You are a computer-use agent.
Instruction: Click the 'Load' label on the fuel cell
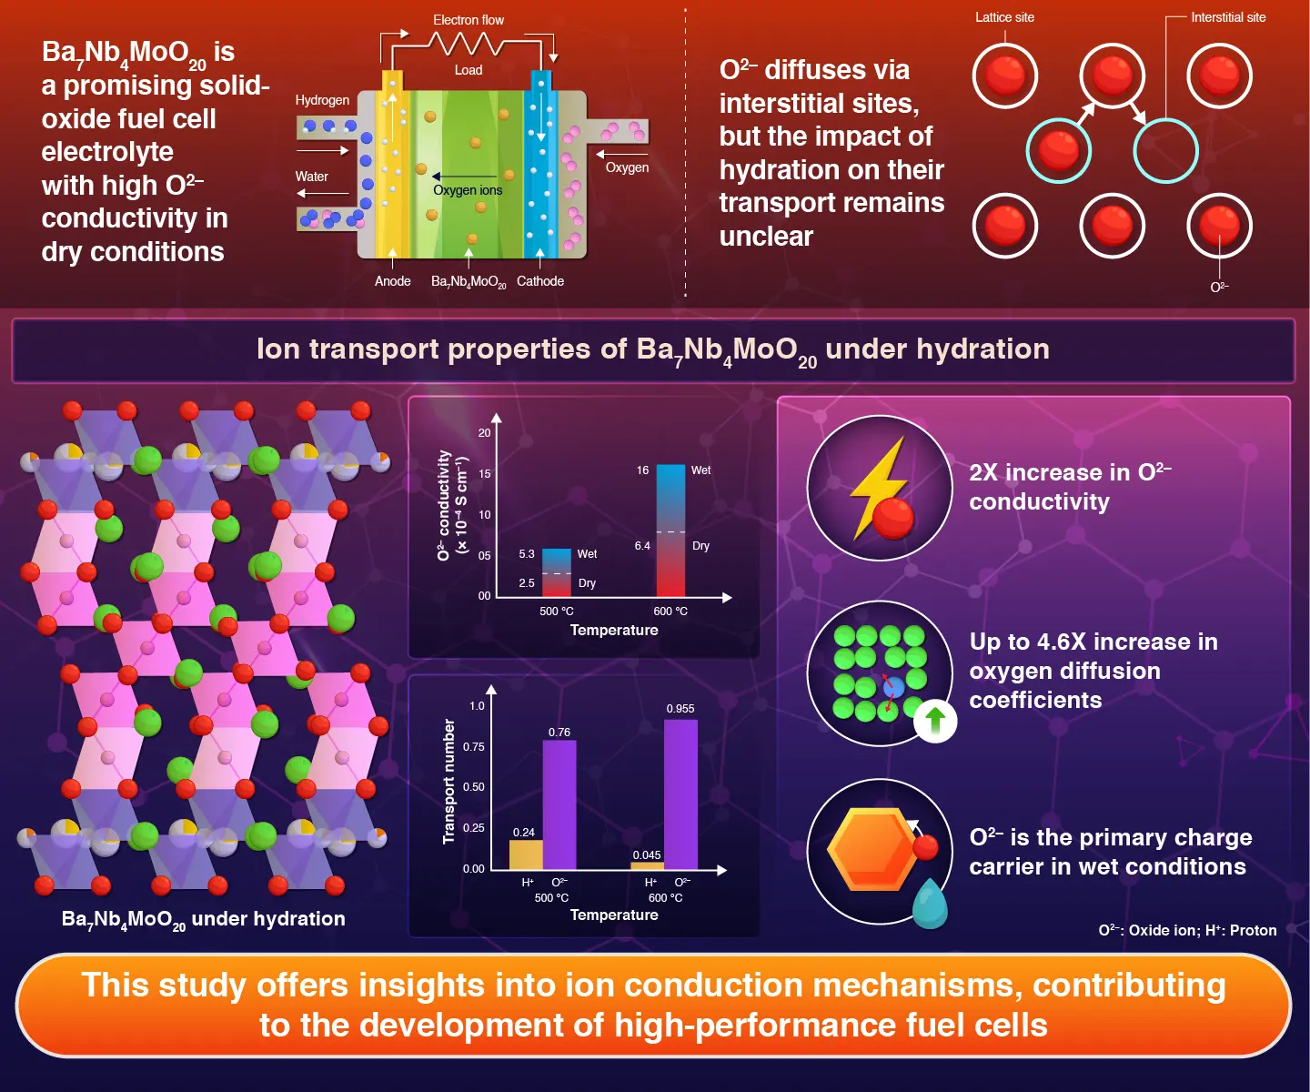pos(469,70)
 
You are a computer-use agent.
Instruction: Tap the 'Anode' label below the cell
pos(393,281)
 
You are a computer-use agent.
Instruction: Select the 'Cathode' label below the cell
pos(540,281)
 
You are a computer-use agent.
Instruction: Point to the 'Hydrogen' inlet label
pos(322,100)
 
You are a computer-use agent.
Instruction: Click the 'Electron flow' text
pos(469,20)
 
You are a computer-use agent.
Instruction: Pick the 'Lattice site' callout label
pos(1004,17)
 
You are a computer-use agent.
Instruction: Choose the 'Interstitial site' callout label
pos(1228,17)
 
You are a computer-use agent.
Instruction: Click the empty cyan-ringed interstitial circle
pos(1165,151)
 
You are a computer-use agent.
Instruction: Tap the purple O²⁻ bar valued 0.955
pos(680,794)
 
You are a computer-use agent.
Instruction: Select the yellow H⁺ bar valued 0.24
pos(526,854)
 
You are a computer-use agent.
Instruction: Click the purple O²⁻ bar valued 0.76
pos(559,804)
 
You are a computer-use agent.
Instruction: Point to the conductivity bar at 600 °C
pos(670,531)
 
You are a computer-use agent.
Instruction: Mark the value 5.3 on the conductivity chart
pos(527,554)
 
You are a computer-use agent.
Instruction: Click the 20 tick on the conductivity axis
pos(484,433)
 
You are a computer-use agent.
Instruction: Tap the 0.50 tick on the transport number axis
pos(473,787)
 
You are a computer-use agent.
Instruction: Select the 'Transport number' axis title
pos(448,781)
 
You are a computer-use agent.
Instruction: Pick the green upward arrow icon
pos(935,721)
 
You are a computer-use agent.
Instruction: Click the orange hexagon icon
pos(872,849)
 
